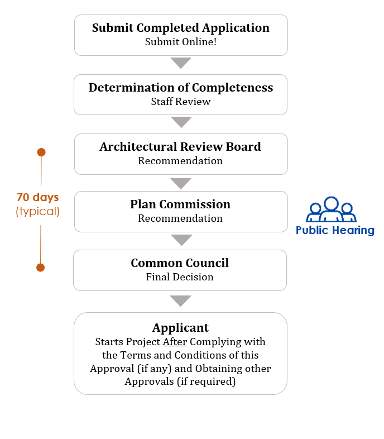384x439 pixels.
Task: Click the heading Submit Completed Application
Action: [x=181, y=28]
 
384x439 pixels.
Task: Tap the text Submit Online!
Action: [x=181, y=42]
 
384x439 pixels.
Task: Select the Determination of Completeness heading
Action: [x=181, y=88]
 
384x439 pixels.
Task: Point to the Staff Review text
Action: [x=181, y=101]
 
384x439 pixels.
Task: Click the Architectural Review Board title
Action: [x=180, y=147]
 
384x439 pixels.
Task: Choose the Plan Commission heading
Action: [x=180, y=204]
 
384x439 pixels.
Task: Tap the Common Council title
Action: [x=180, y=263]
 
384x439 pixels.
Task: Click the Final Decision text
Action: [x=180, y=277]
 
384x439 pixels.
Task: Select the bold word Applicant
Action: [x=180, y=328]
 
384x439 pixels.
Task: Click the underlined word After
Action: [x=175, y=342]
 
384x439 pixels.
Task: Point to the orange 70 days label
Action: [x=38, y=197]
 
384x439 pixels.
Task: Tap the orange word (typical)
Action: [x=38, y=211]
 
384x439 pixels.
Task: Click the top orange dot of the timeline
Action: [x=41, y=152]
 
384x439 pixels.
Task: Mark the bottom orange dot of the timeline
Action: [x=41, y=268]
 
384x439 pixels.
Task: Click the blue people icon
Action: [x=332, y=209]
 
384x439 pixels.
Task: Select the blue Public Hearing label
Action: [x=335, y=231]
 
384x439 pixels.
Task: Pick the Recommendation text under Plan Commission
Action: [x=180, y=218]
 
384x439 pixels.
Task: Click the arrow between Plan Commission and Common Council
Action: [x=181, y=240]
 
